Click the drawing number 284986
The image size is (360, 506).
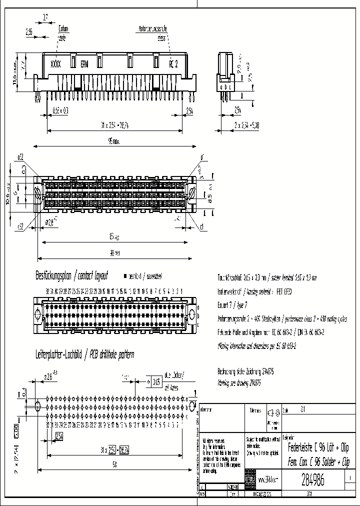[313, 480]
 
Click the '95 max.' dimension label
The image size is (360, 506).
[113, 141]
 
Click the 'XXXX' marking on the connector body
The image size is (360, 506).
[56, 64]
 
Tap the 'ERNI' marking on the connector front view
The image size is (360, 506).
[85, 64]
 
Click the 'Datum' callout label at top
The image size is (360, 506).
[64, 29]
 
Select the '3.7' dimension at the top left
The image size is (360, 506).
[45, 17]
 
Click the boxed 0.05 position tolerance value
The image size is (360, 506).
[157, 382]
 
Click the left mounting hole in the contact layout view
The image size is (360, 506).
[39, 313]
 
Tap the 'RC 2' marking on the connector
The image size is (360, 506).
[173, 64]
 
